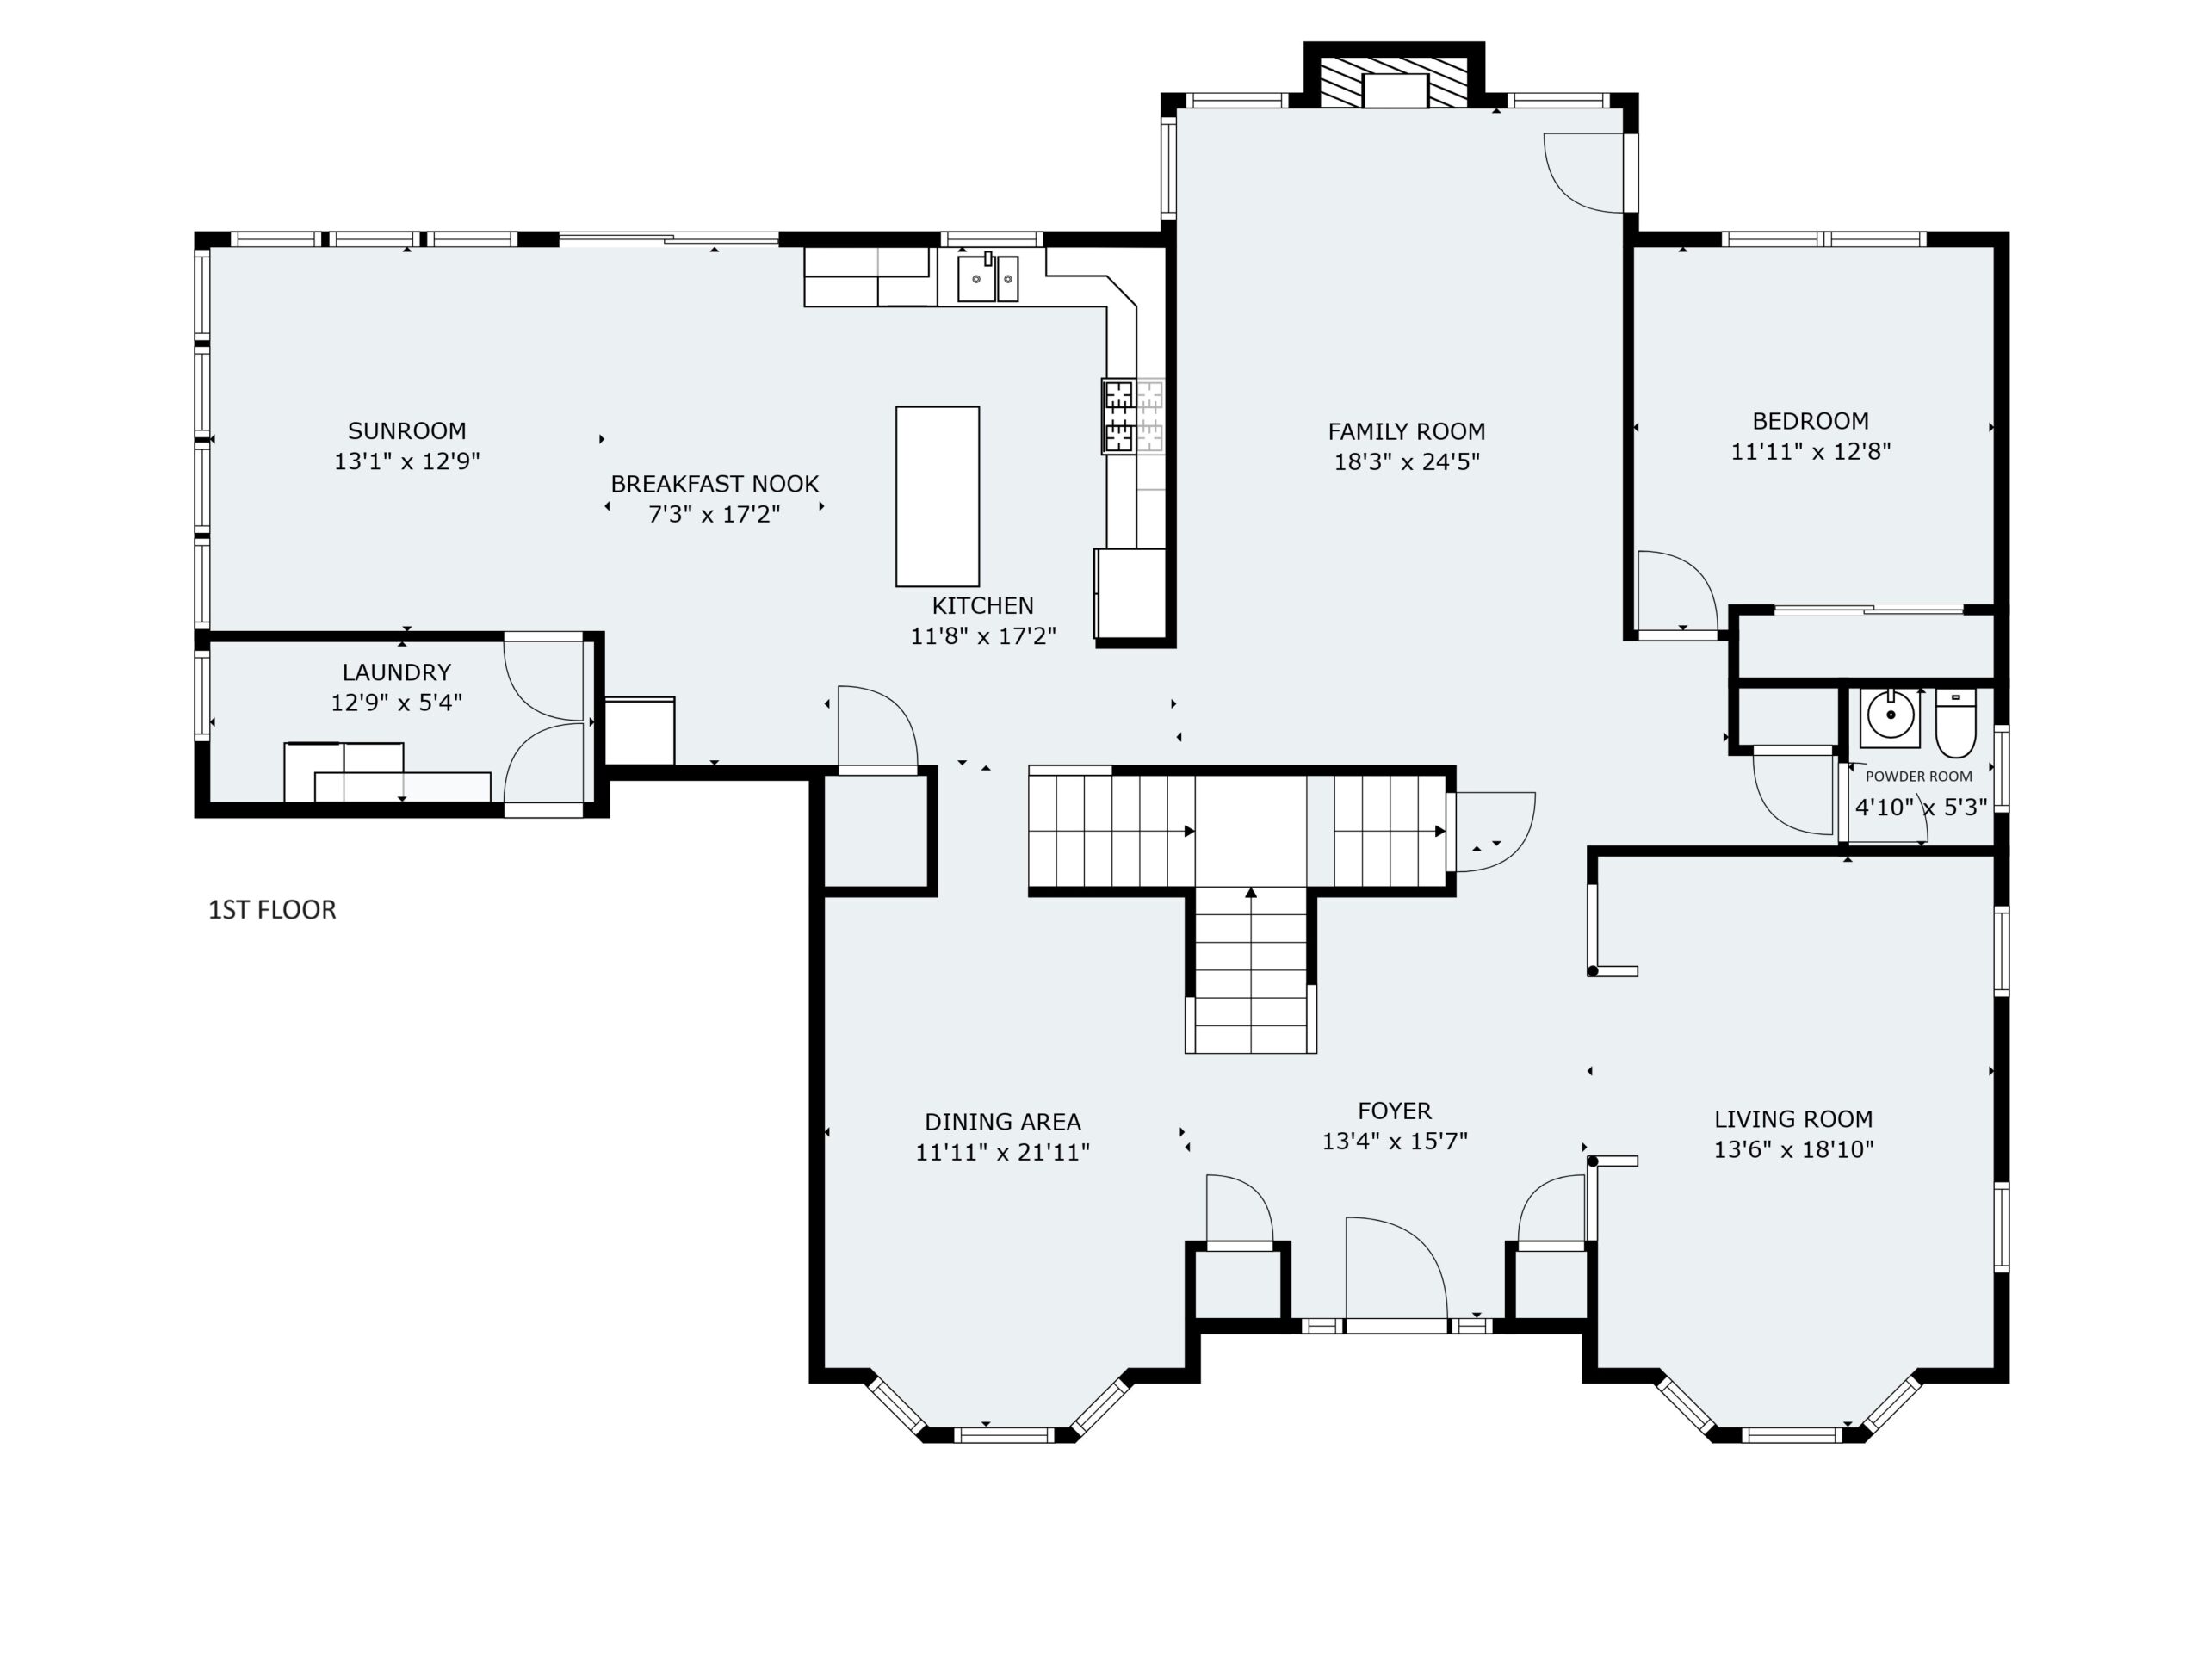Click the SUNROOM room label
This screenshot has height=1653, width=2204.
406,431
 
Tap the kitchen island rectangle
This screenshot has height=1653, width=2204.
938,496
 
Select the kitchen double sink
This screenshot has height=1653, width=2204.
988,277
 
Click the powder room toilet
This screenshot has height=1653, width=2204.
1956,724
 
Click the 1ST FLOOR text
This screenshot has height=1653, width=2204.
272,910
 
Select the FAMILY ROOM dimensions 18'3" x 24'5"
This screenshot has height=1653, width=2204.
1407,462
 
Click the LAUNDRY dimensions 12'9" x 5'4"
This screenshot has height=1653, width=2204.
397,703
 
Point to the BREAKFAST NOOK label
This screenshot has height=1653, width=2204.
715,484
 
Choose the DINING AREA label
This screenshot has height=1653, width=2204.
1002,1122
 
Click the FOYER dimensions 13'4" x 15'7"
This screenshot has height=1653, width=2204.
1395,1142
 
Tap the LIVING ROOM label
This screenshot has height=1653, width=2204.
1793,1120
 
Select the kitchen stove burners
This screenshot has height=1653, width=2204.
1120,417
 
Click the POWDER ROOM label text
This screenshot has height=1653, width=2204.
1918,777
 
